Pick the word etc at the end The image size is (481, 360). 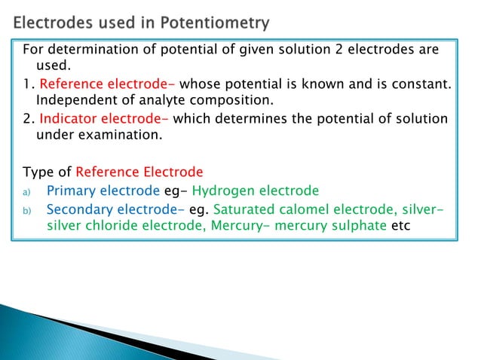pyautogui.click(x=402, y=225)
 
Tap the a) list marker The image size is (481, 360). pyautogui.click(x=27, y=191)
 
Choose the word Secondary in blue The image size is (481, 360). pyautogui.click(x=82, y=209)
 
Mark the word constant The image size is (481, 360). pyautogui.click(x=421, y=82)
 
